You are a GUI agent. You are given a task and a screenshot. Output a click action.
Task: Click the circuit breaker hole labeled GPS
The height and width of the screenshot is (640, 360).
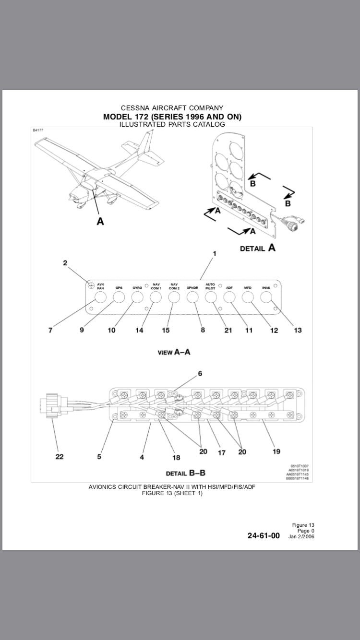click(119, 297)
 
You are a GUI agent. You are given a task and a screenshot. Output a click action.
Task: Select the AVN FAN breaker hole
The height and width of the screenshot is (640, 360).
click(100, 297)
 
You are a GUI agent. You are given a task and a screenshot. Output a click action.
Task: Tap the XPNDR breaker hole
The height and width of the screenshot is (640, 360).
click(192, 297)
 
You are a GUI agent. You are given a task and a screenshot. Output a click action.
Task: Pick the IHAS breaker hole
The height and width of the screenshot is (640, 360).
click(266, 297)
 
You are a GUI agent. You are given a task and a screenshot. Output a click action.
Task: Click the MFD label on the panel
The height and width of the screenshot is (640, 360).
click(248, 288)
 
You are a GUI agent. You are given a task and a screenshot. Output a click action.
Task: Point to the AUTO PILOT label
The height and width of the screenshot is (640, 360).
click(210, 286)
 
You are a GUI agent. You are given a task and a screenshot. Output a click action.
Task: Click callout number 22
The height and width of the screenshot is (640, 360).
click(59, 456)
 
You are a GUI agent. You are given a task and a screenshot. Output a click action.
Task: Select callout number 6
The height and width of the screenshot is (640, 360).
click(200, 373)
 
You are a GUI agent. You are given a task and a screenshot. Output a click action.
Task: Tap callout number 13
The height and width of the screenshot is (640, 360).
click(298, 330)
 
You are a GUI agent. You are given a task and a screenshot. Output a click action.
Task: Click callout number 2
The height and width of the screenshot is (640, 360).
click(65, 263)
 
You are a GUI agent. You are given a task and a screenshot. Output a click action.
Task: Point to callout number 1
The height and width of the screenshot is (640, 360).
click(215, 253)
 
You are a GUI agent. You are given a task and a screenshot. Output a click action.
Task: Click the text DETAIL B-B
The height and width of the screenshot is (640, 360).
click(185, 473)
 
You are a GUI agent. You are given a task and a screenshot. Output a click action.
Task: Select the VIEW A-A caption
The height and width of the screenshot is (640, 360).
click(174, 352)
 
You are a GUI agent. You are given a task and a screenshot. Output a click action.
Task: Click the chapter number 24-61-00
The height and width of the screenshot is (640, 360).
click(264, 536)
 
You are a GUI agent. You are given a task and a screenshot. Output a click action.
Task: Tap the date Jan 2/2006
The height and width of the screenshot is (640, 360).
click(301, 536)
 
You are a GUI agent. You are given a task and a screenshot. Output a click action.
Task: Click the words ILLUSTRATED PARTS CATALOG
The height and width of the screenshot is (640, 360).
click(172, 124)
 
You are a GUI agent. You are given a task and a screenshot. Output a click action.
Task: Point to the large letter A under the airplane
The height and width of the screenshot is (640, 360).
click(100, 221)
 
